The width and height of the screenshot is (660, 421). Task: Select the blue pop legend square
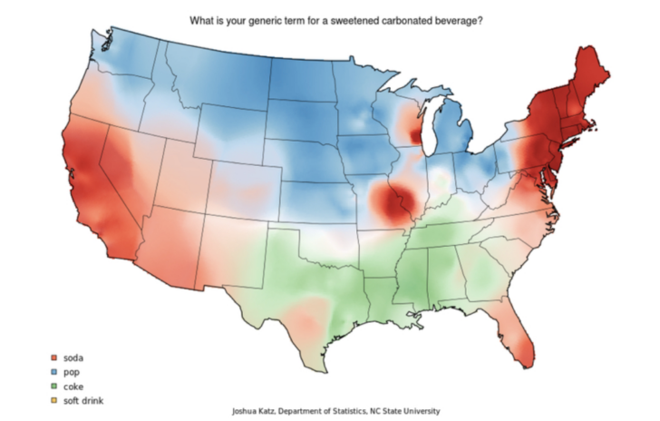point(55,373)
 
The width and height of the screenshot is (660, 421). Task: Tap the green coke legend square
point(55,386)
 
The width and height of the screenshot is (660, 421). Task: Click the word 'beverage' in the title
point(460,20)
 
